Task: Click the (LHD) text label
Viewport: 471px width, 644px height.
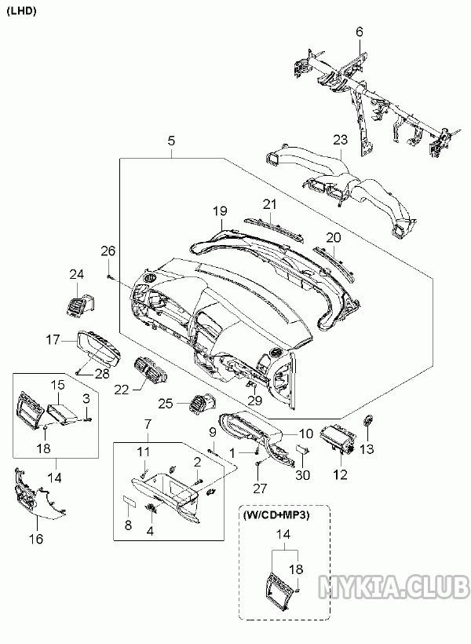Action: click(21, 11)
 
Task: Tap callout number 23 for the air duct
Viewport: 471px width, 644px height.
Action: click(339, 140)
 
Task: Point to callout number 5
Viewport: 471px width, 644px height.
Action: click(171, 141)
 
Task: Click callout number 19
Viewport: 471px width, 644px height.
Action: click(219, 210)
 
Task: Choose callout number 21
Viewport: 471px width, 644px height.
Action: click(270, 204)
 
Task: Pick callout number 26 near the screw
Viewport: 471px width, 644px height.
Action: click(108, 251)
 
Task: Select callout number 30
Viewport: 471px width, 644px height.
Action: click(303, 474)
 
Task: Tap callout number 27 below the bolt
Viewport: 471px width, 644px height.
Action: click(260, 488)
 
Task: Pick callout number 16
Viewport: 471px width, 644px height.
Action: click(36, 539)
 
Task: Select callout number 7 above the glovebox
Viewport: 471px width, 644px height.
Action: click(147, 424)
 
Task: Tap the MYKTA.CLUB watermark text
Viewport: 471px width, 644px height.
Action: click(395, 586)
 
